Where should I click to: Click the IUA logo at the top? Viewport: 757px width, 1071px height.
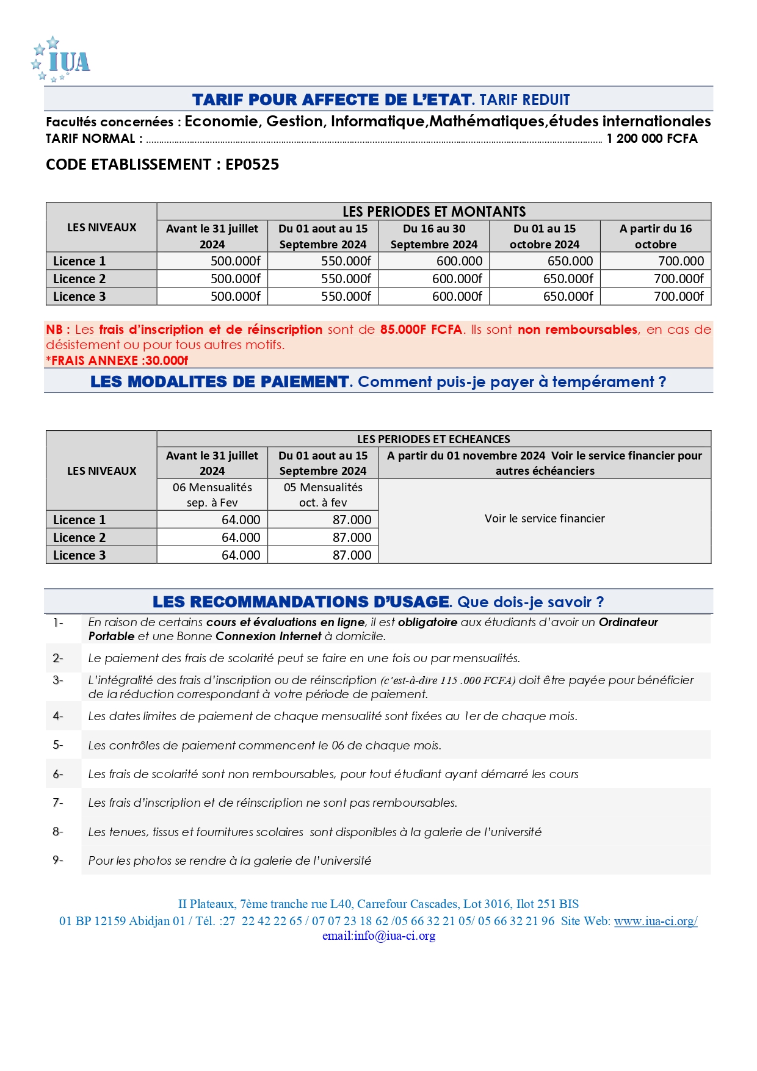pyautogui.click(x=61, y=60)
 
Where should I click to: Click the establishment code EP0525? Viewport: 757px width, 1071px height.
pyautogui.click(x=252, y=165)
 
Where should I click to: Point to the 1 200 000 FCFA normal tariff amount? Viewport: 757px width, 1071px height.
pyautogui.click(x=651, y=139)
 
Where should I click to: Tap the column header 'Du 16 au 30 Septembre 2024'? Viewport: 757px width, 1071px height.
pyautogui.click(x=434, y=236)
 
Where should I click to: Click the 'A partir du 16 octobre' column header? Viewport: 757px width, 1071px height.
pyautogui.click(x=656, y=236)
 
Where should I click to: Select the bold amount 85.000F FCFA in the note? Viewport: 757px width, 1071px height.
pyautogui.click(x=421, y=330)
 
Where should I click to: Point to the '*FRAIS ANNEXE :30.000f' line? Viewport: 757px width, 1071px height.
pyautogui.click(x=117, y=360)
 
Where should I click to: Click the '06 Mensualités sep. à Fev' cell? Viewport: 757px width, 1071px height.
pyautogui.click(x=212, y=495)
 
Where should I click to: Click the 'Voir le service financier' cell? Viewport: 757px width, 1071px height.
pyautogui.click(x=545, y=519)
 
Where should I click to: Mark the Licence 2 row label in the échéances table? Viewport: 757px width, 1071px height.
pyautogui.click(x=79, y=538)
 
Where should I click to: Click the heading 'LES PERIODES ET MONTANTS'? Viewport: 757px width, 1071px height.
pyautogui.click(x=434, y=212)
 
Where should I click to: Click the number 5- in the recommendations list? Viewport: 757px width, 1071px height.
pyautogui.click(x=58, y=745)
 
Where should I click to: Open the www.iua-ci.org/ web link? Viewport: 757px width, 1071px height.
pyautogui.click(x=656, y=921)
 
